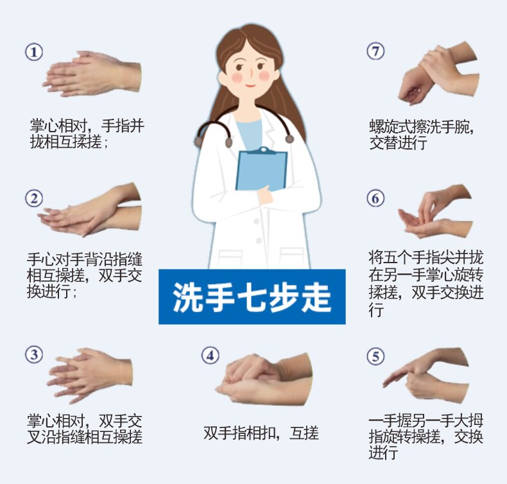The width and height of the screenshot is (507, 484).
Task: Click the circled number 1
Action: tap(34, 52)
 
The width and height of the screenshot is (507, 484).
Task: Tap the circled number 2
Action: tap(34, 198)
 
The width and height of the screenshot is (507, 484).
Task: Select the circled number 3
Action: tap(34, 354)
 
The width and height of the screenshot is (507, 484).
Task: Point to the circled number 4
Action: tap(210, 356)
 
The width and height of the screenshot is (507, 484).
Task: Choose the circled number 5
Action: tap(375, 356)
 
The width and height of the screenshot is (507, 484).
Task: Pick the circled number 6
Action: tap(375, 198)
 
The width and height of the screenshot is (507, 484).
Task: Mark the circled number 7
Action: tap(375, 51)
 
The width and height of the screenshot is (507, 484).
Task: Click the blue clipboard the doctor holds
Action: tap(261, 171)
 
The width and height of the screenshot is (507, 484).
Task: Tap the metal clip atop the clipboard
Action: tap(264, 151)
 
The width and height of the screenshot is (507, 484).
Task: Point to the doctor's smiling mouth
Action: tap(250, 86)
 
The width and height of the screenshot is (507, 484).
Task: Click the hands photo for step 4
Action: tap(264, 379)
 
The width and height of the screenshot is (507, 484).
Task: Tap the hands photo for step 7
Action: tap(438, 73)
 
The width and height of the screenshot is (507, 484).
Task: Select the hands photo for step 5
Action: tap(425, 375)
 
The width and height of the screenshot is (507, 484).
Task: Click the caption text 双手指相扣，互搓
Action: tap(261, 433)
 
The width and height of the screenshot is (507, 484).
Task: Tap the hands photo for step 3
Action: tap(90, 376)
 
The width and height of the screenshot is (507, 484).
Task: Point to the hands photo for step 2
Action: tap(90, 209)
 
